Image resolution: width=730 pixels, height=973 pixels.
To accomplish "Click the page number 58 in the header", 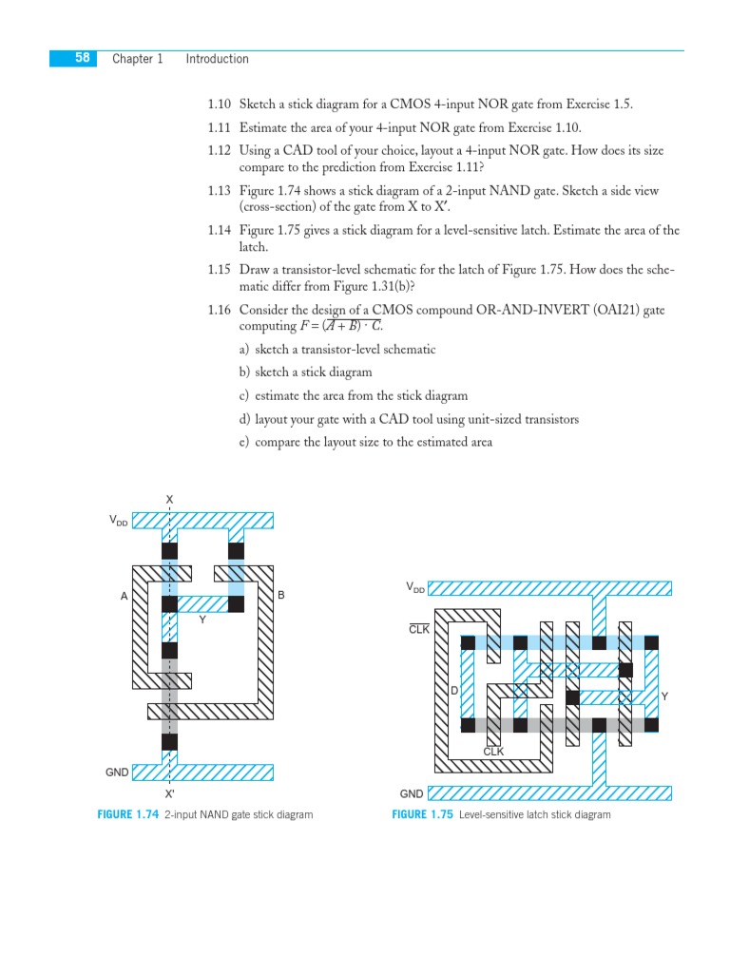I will click(83, 58).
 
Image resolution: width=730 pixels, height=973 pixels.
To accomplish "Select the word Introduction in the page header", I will click(217, 59).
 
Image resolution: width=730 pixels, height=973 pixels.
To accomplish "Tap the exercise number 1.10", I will click(220, 105).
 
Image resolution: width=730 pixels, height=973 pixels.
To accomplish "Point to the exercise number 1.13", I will click(220, 191).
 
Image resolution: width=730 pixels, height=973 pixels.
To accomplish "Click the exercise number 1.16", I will click(220, 310).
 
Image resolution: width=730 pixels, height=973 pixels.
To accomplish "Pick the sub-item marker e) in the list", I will click(245, 442).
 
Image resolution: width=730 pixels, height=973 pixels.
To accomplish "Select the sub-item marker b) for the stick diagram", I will click(245, 372).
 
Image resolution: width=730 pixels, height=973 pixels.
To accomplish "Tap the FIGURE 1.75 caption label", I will click(422, 815).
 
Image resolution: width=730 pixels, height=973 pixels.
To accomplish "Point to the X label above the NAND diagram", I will click(169, 500).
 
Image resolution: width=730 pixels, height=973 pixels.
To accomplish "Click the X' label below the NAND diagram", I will click(169, 793).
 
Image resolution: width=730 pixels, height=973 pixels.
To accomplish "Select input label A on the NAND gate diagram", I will click(124, 597).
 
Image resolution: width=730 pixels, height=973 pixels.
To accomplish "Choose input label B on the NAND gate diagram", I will click(281, 596).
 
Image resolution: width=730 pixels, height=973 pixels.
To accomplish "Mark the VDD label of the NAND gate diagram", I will click(118, 521).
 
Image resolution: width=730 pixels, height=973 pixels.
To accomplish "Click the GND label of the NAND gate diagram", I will click(117, 773).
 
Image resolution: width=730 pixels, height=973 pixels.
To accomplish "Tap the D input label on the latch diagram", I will click(454, 690).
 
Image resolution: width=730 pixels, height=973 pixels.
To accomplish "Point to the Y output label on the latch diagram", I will click(664, 696).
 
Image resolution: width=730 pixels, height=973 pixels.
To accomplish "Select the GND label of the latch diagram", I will click(412, 793).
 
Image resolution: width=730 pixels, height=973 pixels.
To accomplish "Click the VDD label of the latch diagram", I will click(415, 588).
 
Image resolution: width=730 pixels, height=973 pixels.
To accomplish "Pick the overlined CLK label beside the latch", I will click(419, 629).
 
